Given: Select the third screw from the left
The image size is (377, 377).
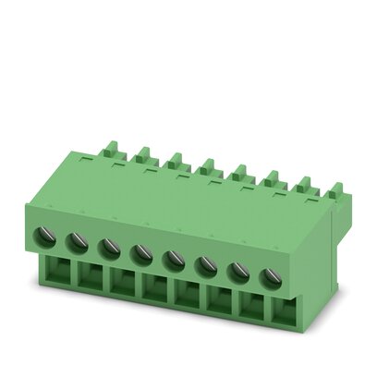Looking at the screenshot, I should (x=109, y=246).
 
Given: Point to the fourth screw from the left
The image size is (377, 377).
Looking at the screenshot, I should (x=141, y=250).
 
